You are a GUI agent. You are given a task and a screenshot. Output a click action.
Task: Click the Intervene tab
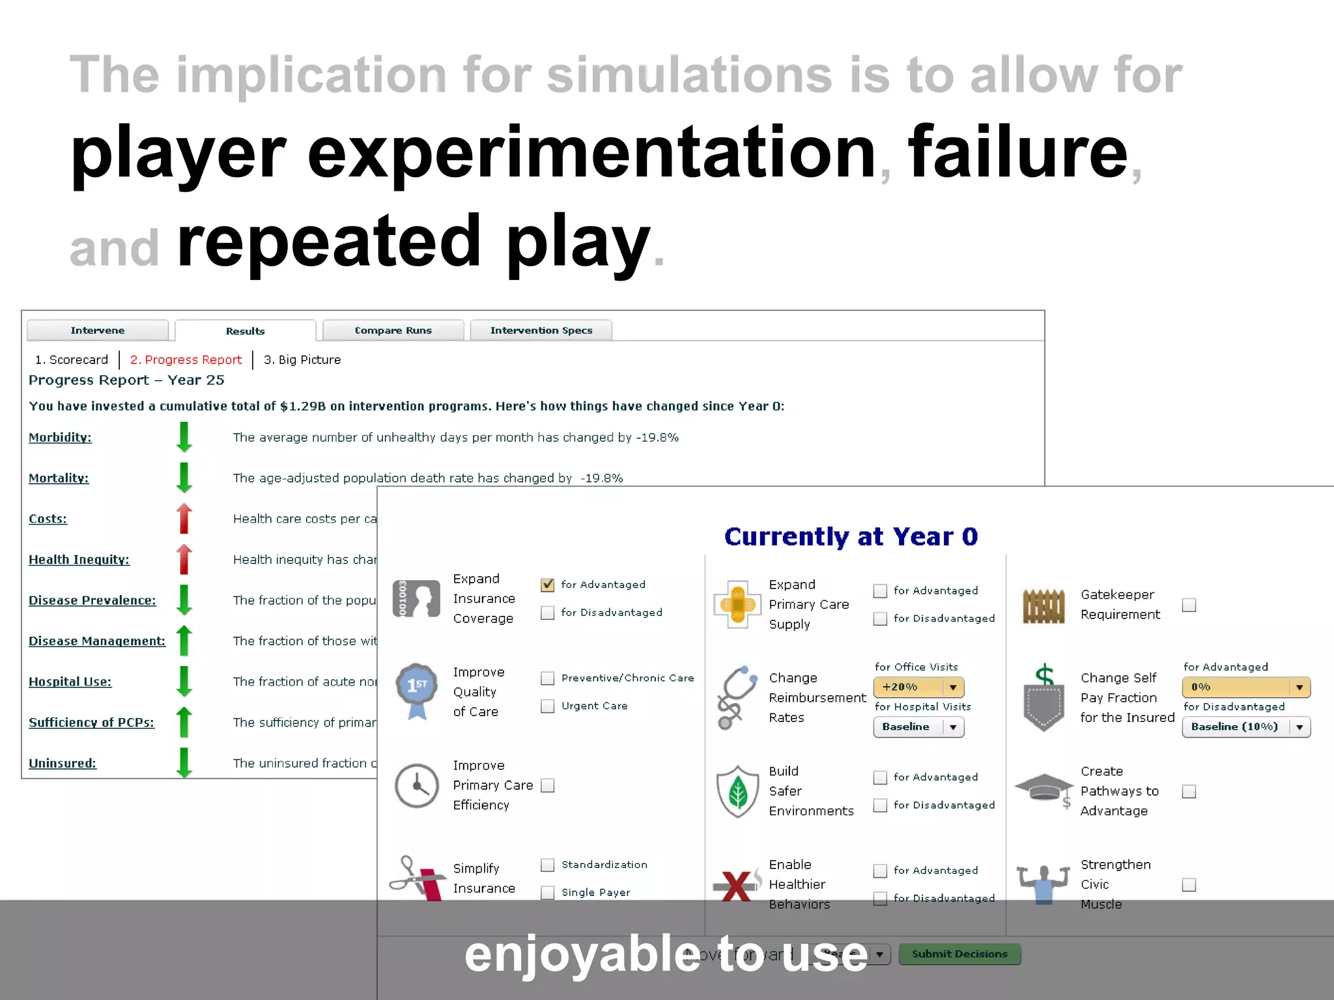[98, 330]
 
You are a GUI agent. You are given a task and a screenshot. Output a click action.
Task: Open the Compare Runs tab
[393, 330]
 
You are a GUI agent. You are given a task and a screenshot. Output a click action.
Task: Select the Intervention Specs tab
[541, 330]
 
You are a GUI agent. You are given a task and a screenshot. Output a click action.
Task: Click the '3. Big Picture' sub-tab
[302, 359]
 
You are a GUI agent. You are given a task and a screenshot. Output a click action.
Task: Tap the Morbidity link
[60, 437]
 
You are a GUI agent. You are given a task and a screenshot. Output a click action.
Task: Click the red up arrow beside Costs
[184, 518]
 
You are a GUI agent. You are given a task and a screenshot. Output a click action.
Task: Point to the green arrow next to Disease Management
[184, 641]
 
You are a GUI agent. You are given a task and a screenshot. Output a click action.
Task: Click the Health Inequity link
[79, 559]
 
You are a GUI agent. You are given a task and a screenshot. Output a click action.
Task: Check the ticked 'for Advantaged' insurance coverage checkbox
[548, 585]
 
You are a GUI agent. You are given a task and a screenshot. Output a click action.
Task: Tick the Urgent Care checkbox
[548, 706]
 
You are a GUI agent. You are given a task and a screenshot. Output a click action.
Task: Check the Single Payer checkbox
[548, 892]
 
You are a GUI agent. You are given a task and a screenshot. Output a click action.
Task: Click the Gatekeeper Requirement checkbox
[1189, 605]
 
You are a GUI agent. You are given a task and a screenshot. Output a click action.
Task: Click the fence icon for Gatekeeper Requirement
[1043, 605]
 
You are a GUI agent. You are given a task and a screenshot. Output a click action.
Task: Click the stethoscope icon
[737, 697]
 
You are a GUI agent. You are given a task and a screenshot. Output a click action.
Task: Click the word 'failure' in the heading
[1017, 154]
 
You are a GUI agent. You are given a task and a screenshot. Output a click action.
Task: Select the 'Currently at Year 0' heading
[851, 536]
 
